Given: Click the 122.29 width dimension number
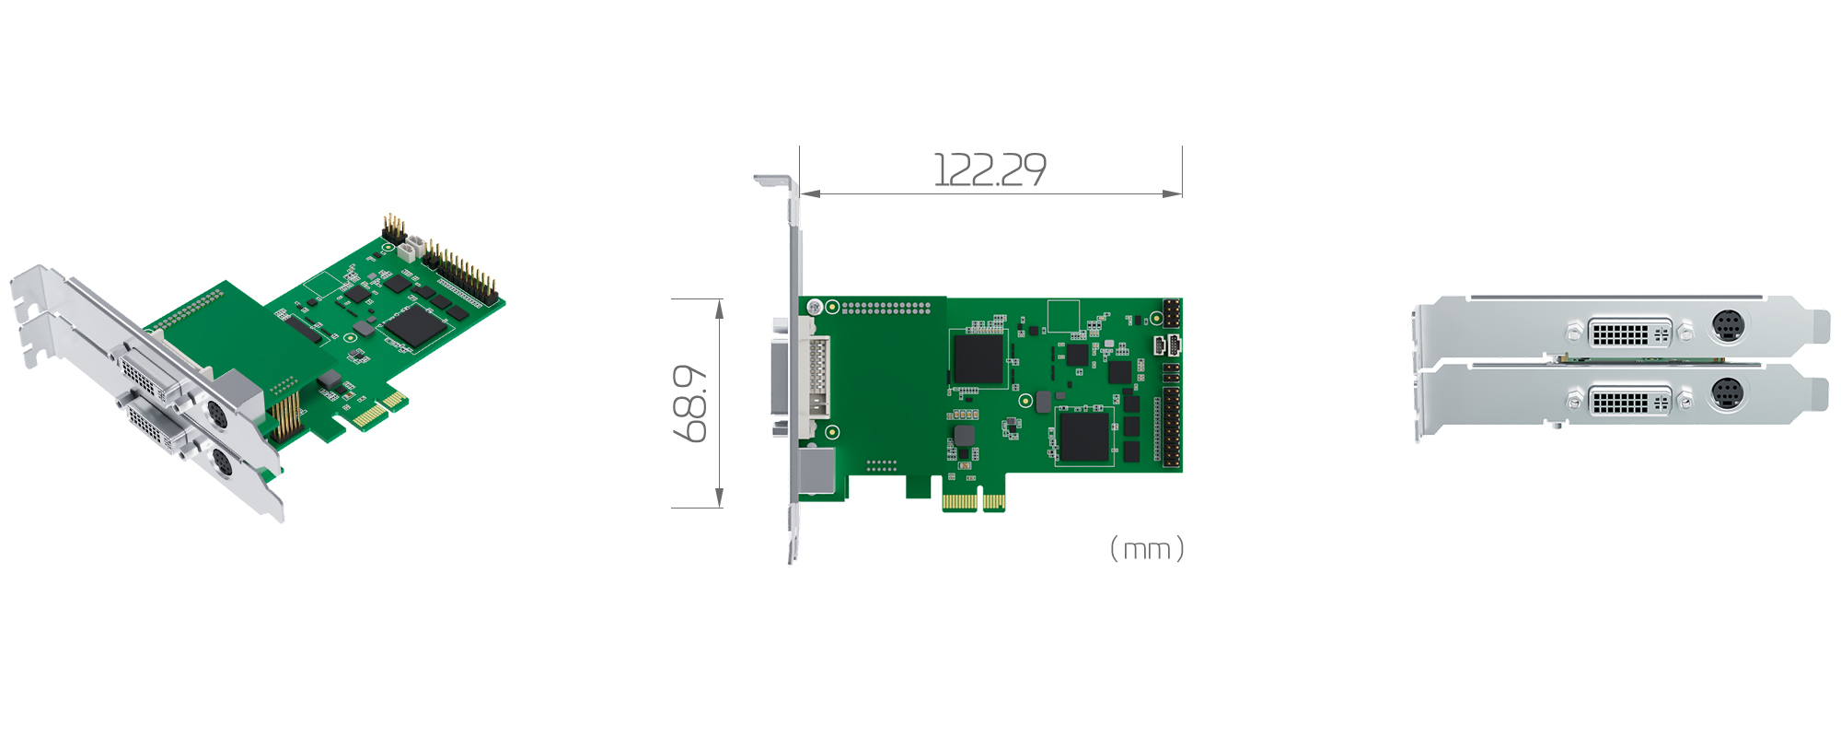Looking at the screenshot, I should (x=990, y=170).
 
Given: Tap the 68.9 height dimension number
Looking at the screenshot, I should (x=690, y=404).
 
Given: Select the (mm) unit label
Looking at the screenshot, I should (x=1147, y=549).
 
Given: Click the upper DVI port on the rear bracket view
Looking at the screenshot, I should (x=1619, y=332).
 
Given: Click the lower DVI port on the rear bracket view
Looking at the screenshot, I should (x=1619, y=402).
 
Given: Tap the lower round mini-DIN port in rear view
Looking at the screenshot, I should (x=1727, y=394).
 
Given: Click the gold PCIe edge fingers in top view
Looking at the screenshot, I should (x=973, y=502).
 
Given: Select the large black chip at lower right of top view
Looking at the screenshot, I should (x=1083, y=437).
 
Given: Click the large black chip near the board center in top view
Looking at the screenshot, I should (x=978, y=359).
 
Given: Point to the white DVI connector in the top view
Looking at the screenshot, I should (x=814, y=378).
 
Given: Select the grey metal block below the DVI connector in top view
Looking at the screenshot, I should (x=817, y=470).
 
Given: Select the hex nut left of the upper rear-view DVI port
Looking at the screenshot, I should (x=1574, y=330).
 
